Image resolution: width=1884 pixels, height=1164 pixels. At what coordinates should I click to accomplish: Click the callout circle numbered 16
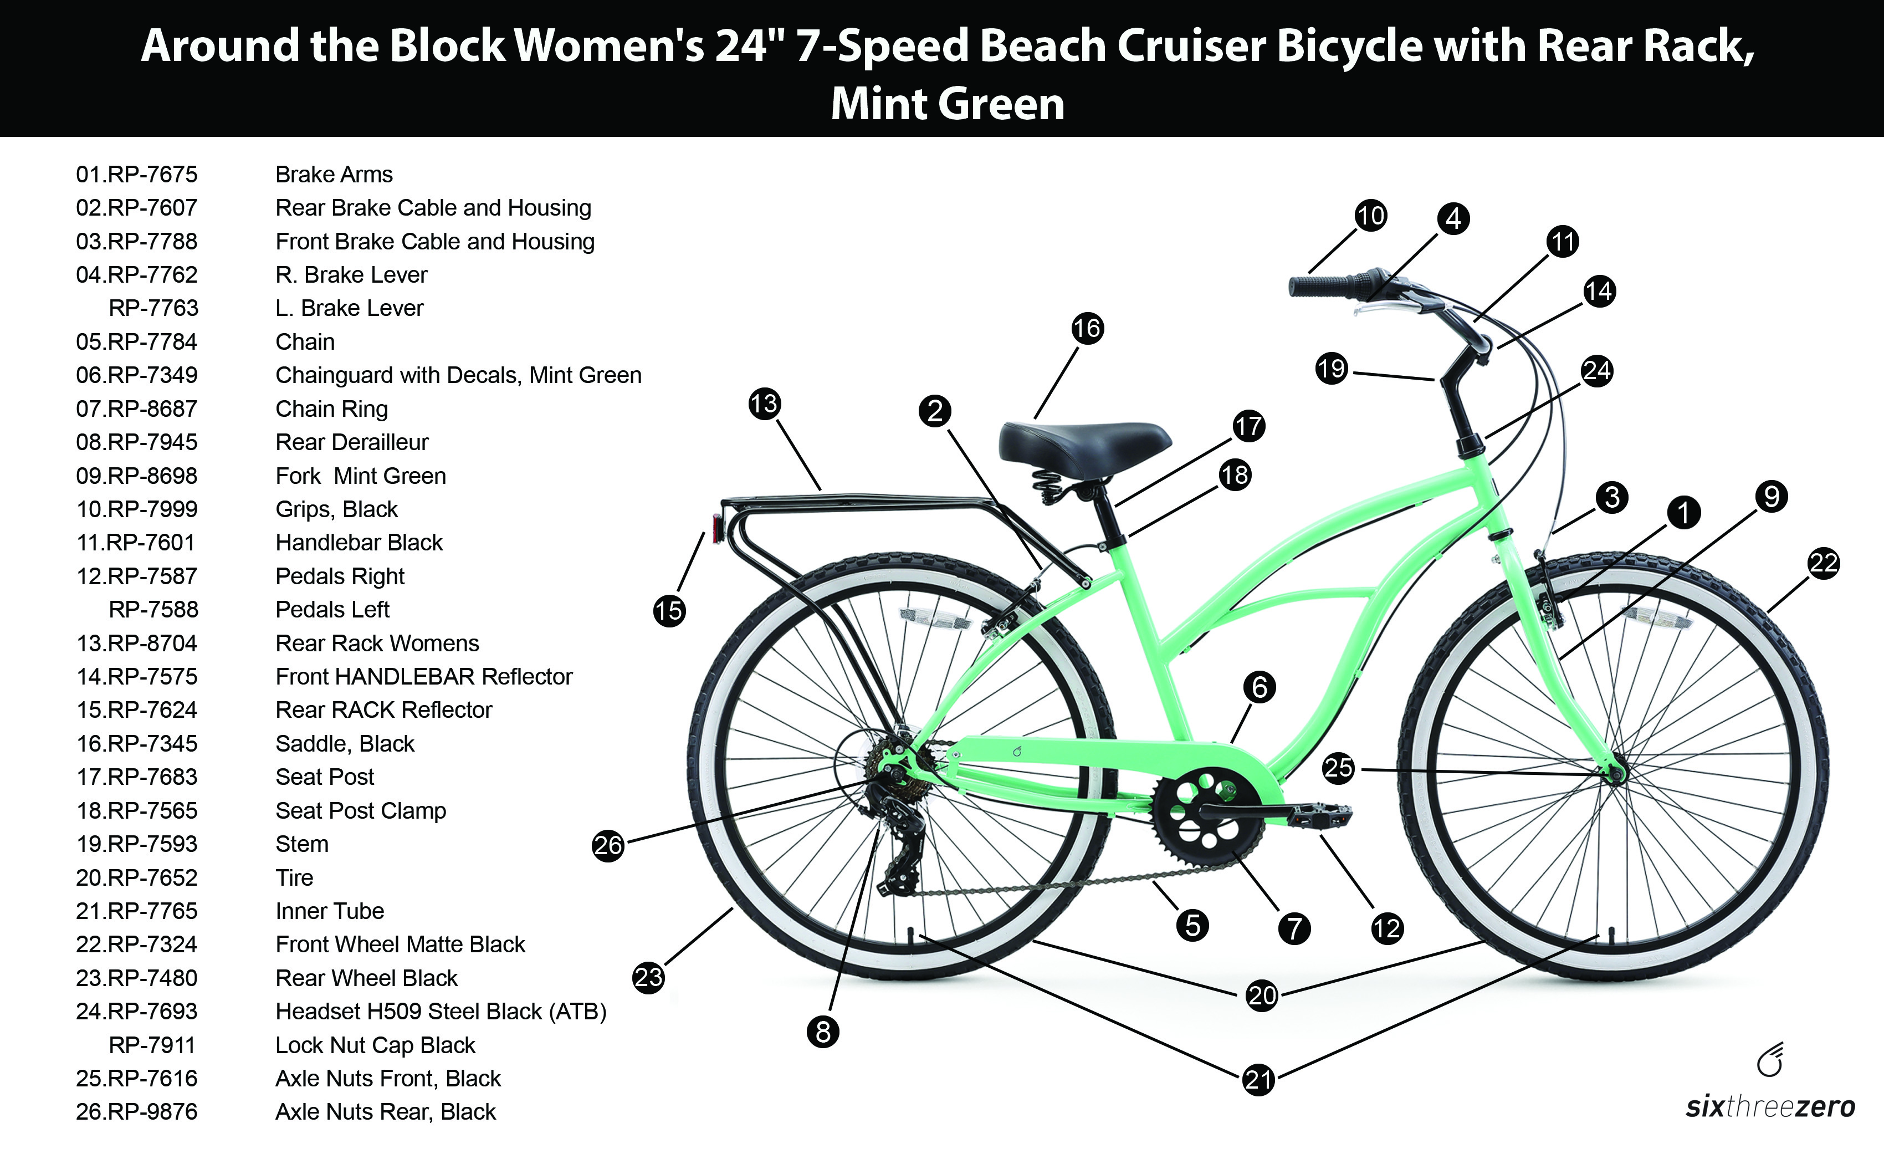1087,329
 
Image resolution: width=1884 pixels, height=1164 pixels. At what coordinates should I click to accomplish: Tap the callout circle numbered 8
823,1032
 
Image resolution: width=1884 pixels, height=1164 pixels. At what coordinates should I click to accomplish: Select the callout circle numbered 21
1258,1079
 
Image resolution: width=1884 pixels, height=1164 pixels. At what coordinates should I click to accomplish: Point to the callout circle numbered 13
764,404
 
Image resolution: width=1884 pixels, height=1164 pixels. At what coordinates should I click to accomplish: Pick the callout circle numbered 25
1338,768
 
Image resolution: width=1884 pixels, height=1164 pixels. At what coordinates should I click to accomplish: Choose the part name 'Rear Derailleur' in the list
352,442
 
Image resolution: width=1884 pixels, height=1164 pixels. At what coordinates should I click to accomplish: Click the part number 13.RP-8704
136,643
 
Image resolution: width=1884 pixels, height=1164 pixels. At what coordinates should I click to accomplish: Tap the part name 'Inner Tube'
329,911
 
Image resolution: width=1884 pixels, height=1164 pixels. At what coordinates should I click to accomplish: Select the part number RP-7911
152,1045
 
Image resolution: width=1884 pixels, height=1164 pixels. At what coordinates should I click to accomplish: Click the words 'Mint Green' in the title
948,104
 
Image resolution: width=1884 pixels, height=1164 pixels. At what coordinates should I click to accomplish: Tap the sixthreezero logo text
1769,1107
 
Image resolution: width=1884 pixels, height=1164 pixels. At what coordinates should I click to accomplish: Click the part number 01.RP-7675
136,174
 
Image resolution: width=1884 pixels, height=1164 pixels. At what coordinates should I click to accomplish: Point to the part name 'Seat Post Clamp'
360,810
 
